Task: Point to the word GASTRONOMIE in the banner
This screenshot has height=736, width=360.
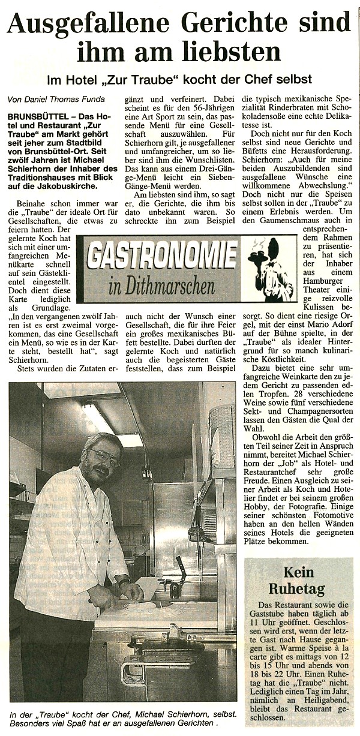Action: tap(161, 256)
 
